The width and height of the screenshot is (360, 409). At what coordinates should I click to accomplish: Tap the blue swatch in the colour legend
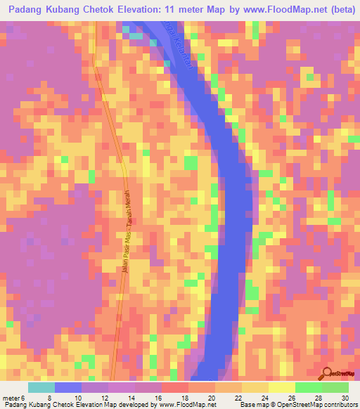click(68, 387)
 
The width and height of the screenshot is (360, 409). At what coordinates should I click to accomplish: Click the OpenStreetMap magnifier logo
click(326, 372)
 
